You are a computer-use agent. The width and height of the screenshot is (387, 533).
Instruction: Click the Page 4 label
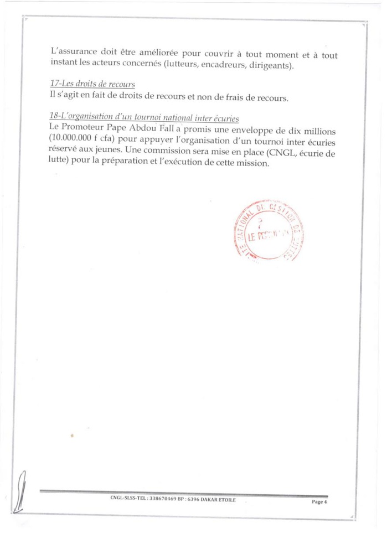319,502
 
